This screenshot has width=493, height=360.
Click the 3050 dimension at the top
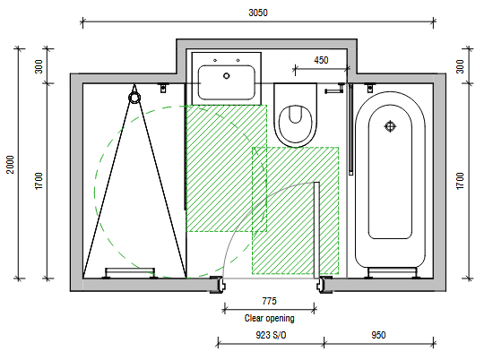[258, 13]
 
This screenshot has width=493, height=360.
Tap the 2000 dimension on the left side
[11, 164]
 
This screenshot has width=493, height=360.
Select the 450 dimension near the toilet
[321, 60]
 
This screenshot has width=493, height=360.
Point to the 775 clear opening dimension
[270, 301]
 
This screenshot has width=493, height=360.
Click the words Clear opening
[270, 318]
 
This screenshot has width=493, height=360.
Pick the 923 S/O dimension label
[271, 335]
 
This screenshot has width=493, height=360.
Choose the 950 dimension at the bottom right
[378, 335]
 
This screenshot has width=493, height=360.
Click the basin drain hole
[227, 76]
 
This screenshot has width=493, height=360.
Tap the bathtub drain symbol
[390, 126]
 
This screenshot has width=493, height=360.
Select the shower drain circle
[134, 98]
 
